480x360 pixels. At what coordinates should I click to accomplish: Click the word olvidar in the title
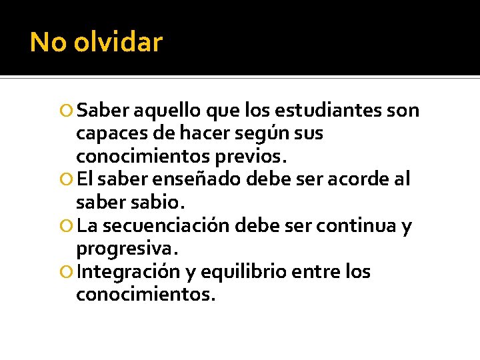118,42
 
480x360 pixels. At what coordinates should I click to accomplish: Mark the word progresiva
127,249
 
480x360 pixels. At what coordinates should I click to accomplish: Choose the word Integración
129,272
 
